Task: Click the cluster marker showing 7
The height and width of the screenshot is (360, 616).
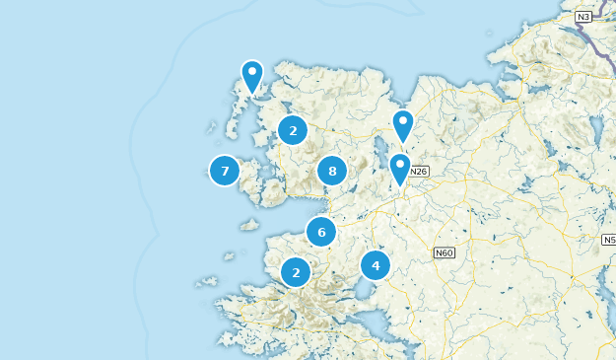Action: [225, 171]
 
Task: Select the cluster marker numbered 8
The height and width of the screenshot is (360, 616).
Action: [332, 171]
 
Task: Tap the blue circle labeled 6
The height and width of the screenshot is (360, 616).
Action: [321, 232]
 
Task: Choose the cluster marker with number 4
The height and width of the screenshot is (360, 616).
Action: [376, 265]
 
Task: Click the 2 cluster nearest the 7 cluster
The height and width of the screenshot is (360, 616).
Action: [293, 130]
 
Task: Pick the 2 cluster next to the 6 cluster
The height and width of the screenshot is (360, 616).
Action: [296, 272]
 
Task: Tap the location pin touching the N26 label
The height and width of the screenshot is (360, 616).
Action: [400, 170]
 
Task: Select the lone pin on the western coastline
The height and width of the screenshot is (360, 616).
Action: [252, 77]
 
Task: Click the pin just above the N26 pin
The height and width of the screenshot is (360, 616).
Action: [402, 126]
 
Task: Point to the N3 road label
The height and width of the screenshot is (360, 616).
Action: [583, 17]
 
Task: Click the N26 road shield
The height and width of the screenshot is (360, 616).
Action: [420, 172]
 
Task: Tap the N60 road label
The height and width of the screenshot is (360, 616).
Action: [444, 253]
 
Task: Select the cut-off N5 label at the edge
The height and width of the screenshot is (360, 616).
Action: [609, 240]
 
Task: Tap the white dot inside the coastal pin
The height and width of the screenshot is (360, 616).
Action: [252, 71]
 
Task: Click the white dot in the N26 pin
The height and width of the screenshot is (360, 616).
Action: [400, 164]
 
